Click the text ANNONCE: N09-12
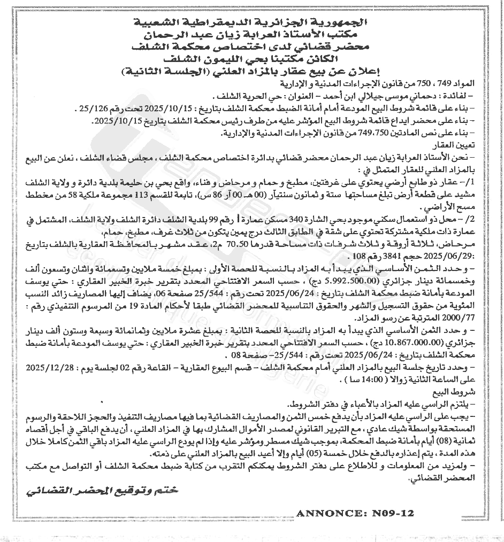[355, 513]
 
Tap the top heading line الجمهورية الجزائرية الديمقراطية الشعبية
[251, 23]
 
